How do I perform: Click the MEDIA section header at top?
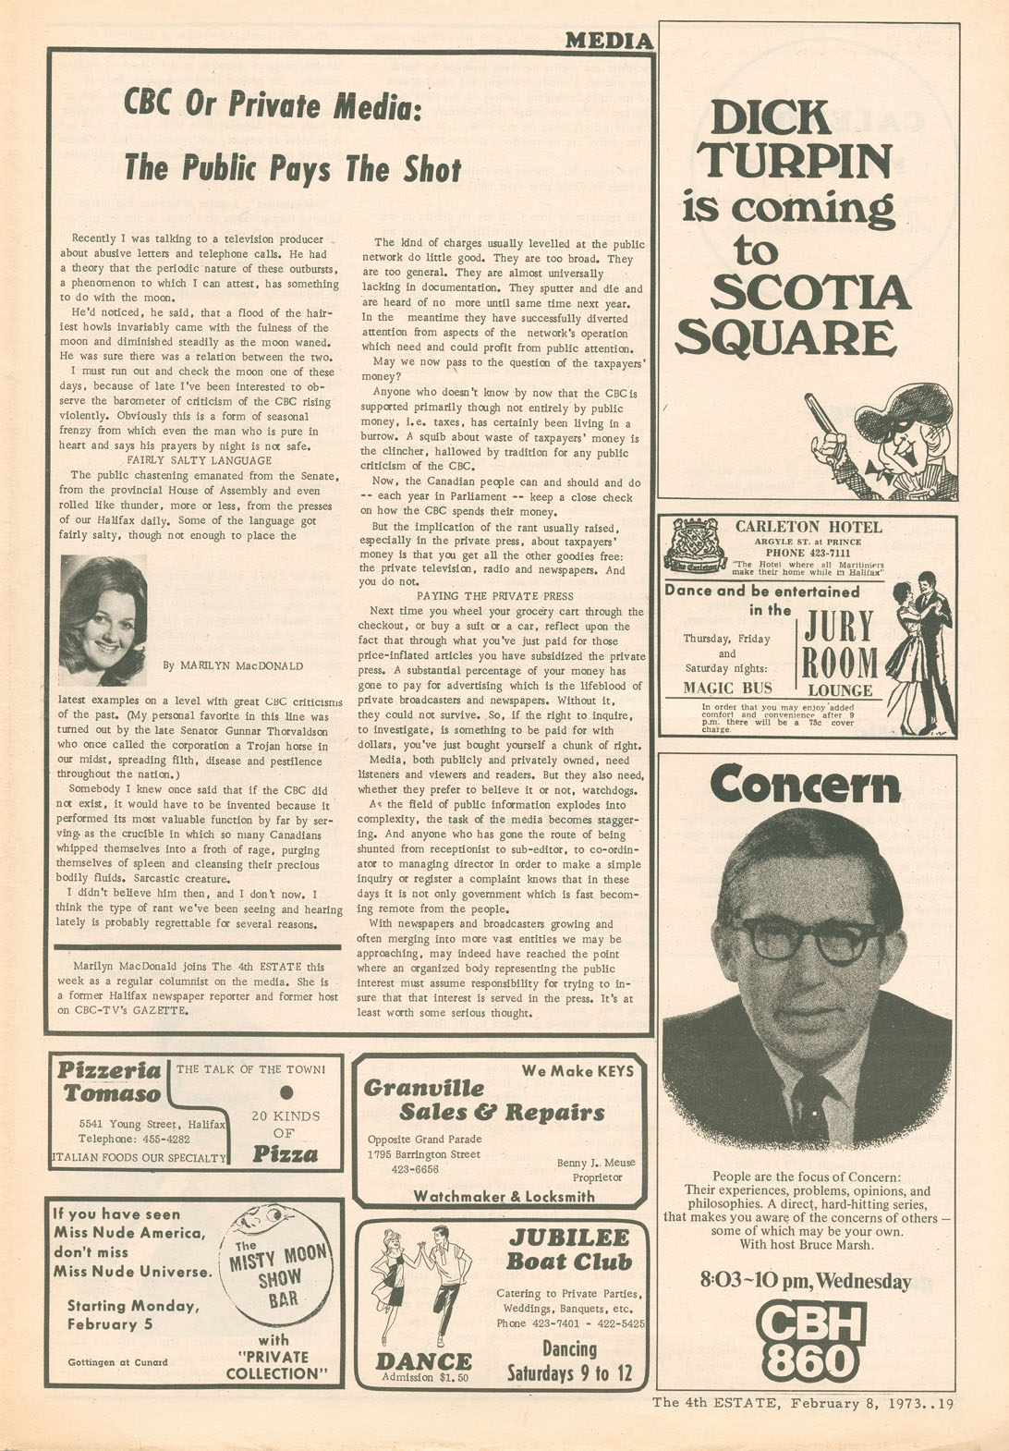point(608,40)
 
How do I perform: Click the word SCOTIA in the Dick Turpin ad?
point(810,294)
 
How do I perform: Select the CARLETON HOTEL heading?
point(808,527)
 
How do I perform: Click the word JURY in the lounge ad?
point(839,628)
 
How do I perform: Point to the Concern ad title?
point(805,786)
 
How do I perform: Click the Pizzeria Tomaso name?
point(110,1082)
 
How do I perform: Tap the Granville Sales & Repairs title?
point(484,1100)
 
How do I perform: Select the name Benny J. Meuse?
point(596,1163)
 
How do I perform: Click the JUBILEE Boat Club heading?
point(569,1250)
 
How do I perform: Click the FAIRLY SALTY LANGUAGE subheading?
point(199,460)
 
